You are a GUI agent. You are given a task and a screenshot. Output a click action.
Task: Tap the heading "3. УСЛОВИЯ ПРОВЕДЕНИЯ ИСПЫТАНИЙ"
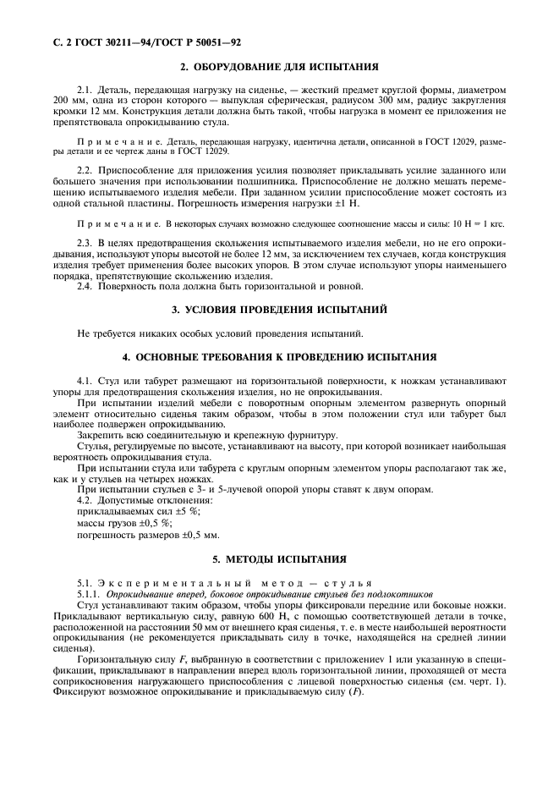tap(279, 310)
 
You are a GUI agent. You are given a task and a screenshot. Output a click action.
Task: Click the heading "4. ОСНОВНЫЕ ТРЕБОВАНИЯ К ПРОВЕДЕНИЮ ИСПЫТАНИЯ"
tap(279, 357)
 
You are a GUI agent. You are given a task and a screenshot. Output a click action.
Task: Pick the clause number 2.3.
tap(85, 243)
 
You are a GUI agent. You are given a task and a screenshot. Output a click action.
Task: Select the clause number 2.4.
tap(85, 286)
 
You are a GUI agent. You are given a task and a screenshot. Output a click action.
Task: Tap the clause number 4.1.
tap(85, 381)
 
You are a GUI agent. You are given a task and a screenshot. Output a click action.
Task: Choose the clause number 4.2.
tap(85, 502)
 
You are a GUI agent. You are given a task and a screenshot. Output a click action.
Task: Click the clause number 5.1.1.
tap(90, 596)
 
